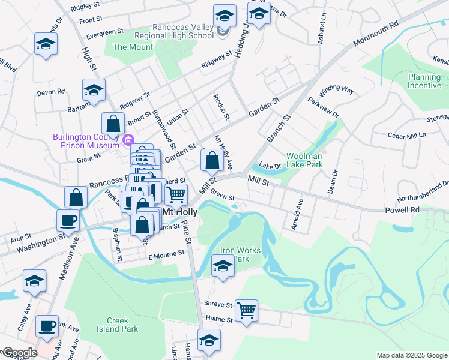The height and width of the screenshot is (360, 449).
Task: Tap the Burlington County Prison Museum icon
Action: point(127,141)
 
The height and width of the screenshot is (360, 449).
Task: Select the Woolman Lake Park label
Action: point(304,160)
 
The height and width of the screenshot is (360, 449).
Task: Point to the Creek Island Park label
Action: point(118,325)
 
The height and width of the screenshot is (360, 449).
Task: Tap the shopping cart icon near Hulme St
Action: point(246,311)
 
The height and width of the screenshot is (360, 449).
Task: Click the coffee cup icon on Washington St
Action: point(68,220)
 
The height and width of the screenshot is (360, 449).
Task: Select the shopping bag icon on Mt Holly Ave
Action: point(212,160)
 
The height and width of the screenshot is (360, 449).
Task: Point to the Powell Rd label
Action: point(407,210)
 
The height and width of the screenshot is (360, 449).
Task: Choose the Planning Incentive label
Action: point(424,81)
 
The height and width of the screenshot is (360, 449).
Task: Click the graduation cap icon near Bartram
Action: point(94,90)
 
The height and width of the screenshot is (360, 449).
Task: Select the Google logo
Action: point(19,353)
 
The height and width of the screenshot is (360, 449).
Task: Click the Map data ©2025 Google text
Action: point(412,355)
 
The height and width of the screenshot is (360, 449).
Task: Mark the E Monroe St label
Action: point(166,256)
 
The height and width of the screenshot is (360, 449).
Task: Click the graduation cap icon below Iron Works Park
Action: point(223,265)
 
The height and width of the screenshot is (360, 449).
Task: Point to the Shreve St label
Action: point(218,304)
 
